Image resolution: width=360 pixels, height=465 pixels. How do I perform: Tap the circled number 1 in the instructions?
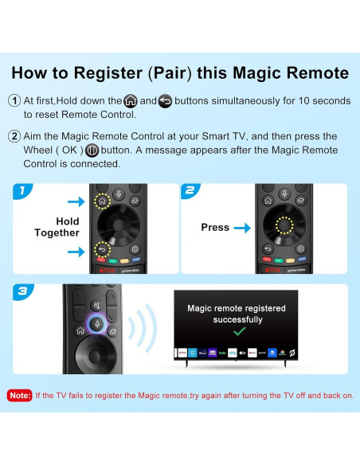coord(14,101)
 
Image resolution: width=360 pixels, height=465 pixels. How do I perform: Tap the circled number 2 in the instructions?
coord(14,136)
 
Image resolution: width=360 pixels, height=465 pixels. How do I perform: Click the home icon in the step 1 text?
coord(131,101)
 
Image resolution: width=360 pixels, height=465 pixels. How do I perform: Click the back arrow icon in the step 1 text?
coord(165,101)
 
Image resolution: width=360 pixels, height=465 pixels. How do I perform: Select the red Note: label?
coord(20,395)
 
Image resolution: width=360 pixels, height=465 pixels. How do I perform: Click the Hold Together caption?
coord(57,227)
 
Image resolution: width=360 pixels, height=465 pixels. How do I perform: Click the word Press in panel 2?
coord(215,227)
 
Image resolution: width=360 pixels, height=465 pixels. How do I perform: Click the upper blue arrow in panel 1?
coord(76,202)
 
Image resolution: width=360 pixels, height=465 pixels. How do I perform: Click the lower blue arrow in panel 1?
coord(76,251)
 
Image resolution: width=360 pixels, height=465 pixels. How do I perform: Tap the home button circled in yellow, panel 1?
coord(102,201)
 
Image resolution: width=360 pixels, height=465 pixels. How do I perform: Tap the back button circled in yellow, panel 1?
coord(102,248)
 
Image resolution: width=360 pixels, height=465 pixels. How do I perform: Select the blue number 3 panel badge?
coord(25,293)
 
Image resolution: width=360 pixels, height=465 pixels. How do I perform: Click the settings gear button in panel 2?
coord(301,248)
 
